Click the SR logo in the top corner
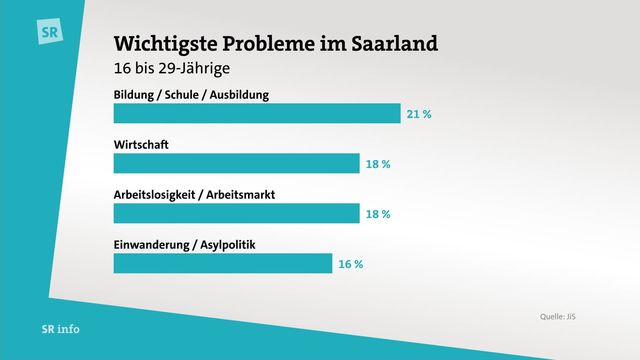[50, 31]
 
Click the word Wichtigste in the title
[165, 44]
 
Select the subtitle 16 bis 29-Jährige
[171, 68]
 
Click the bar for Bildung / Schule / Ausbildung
[257, 113]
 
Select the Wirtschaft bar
[236, 163]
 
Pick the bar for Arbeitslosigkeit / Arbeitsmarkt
[236, 213]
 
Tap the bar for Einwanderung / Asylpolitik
[222, 263]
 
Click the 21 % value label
[419, 114]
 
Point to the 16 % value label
[351, 264]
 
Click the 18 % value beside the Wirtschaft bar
[378, 164]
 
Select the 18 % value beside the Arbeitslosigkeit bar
[378, 214]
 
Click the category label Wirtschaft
[141, 144]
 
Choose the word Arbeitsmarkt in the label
[240, 195]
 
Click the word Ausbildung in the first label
[239, 95]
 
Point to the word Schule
[182, 95]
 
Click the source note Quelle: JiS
[558, 316]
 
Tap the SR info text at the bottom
[60, 329]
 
